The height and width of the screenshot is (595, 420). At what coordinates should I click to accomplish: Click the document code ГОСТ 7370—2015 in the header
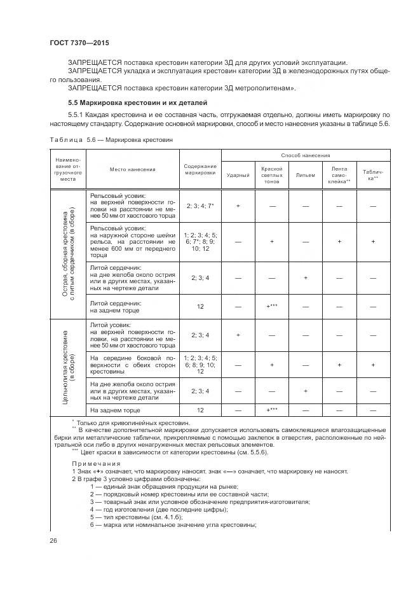(x=75, y=41)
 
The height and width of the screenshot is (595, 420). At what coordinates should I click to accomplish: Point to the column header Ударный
(x=238, y=174)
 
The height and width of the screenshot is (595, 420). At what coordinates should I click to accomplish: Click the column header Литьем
(x=305, y=174)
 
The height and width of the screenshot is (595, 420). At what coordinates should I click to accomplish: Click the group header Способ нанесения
(x=305, y=155)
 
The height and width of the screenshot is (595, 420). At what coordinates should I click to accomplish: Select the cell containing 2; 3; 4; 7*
(x=200, y=206)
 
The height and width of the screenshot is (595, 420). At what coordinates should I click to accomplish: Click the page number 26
(x=53, y=541)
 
